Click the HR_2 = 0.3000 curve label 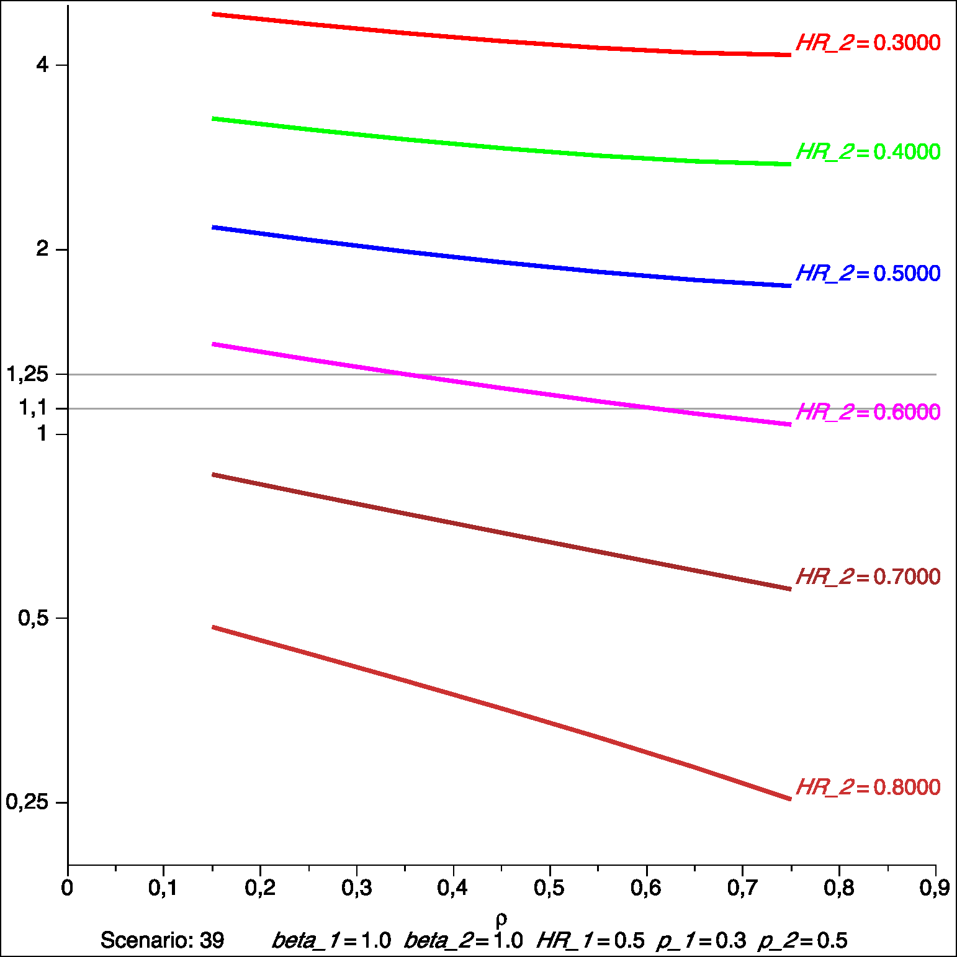[x=868, y=43]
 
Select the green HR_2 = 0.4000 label [x=868, y=151]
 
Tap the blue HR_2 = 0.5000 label [x=868, y=273]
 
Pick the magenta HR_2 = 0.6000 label [x=868, y=411]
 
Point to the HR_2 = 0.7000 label [x=868, y=577]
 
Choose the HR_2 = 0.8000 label [x=868, y=787]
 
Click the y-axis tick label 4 [x=42, y=65]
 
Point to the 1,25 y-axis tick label [x=27, y=374]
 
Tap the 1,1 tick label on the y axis [x=34, y=408]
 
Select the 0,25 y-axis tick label [x=27, y=802]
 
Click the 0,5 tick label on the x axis [x=549, y=888]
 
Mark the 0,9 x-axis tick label [x=935, y=888]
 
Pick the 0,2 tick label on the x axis [x=260, y=888]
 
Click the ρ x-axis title [x=501, y=919]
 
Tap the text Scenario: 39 [x=162, y=940]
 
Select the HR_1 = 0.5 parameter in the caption [x=591, y=940]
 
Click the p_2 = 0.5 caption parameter [x=802, y=940]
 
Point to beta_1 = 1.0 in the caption [x=331, y=940]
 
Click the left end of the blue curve [x=213, y=227]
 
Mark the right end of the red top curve [x=790, y=55]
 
